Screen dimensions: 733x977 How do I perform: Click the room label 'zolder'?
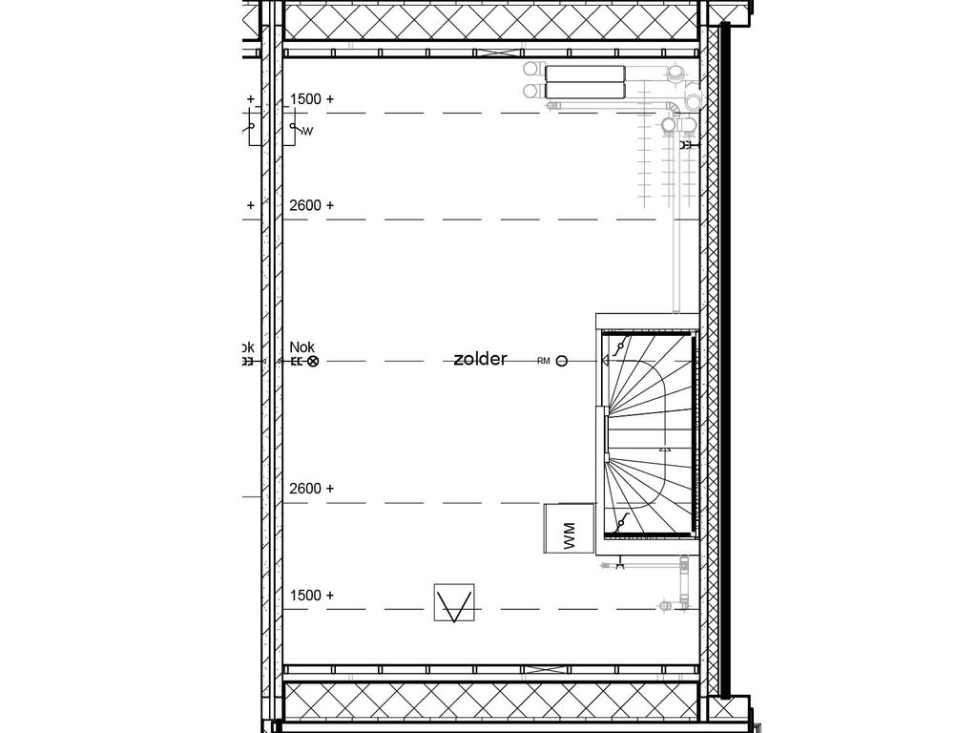pos(480,359)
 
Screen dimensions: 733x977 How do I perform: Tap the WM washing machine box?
pos(570,528)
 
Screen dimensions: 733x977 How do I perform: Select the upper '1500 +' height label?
pos(312,99)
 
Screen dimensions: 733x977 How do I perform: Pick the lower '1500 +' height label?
pos(312,596)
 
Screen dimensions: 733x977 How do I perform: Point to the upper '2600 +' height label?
pos(312,205)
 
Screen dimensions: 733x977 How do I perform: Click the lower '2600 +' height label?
pos(312,489)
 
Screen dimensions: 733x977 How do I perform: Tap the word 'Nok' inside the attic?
pos(302,347)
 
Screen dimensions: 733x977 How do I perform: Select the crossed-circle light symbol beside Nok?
pos(312,362)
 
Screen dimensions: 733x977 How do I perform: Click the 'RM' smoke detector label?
pos(544,361)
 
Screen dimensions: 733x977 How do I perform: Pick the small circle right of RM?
pos(562,361)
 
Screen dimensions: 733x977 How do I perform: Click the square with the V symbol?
pos(454,603)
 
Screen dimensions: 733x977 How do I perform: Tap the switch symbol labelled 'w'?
pos(298,129)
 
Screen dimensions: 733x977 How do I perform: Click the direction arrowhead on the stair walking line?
pos(664,447)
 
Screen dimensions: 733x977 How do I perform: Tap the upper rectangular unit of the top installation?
pos(585,73)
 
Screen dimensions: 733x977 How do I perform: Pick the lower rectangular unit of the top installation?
pos(585,91)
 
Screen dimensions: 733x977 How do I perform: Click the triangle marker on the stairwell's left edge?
pos(604,362)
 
